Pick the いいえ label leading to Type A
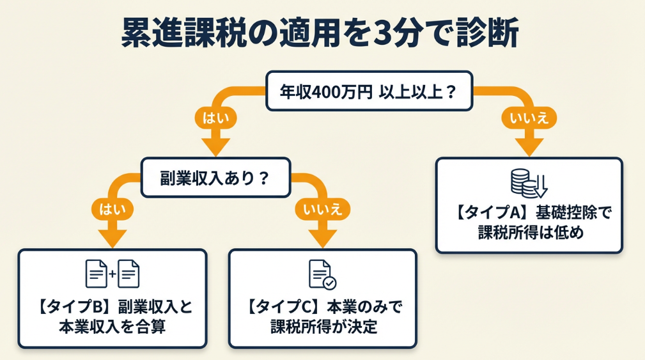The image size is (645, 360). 529,118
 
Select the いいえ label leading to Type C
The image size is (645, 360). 323,208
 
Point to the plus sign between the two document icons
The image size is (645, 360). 113,274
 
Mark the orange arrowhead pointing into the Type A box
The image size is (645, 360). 529,146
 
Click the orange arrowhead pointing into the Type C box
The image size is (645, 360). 323,237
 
